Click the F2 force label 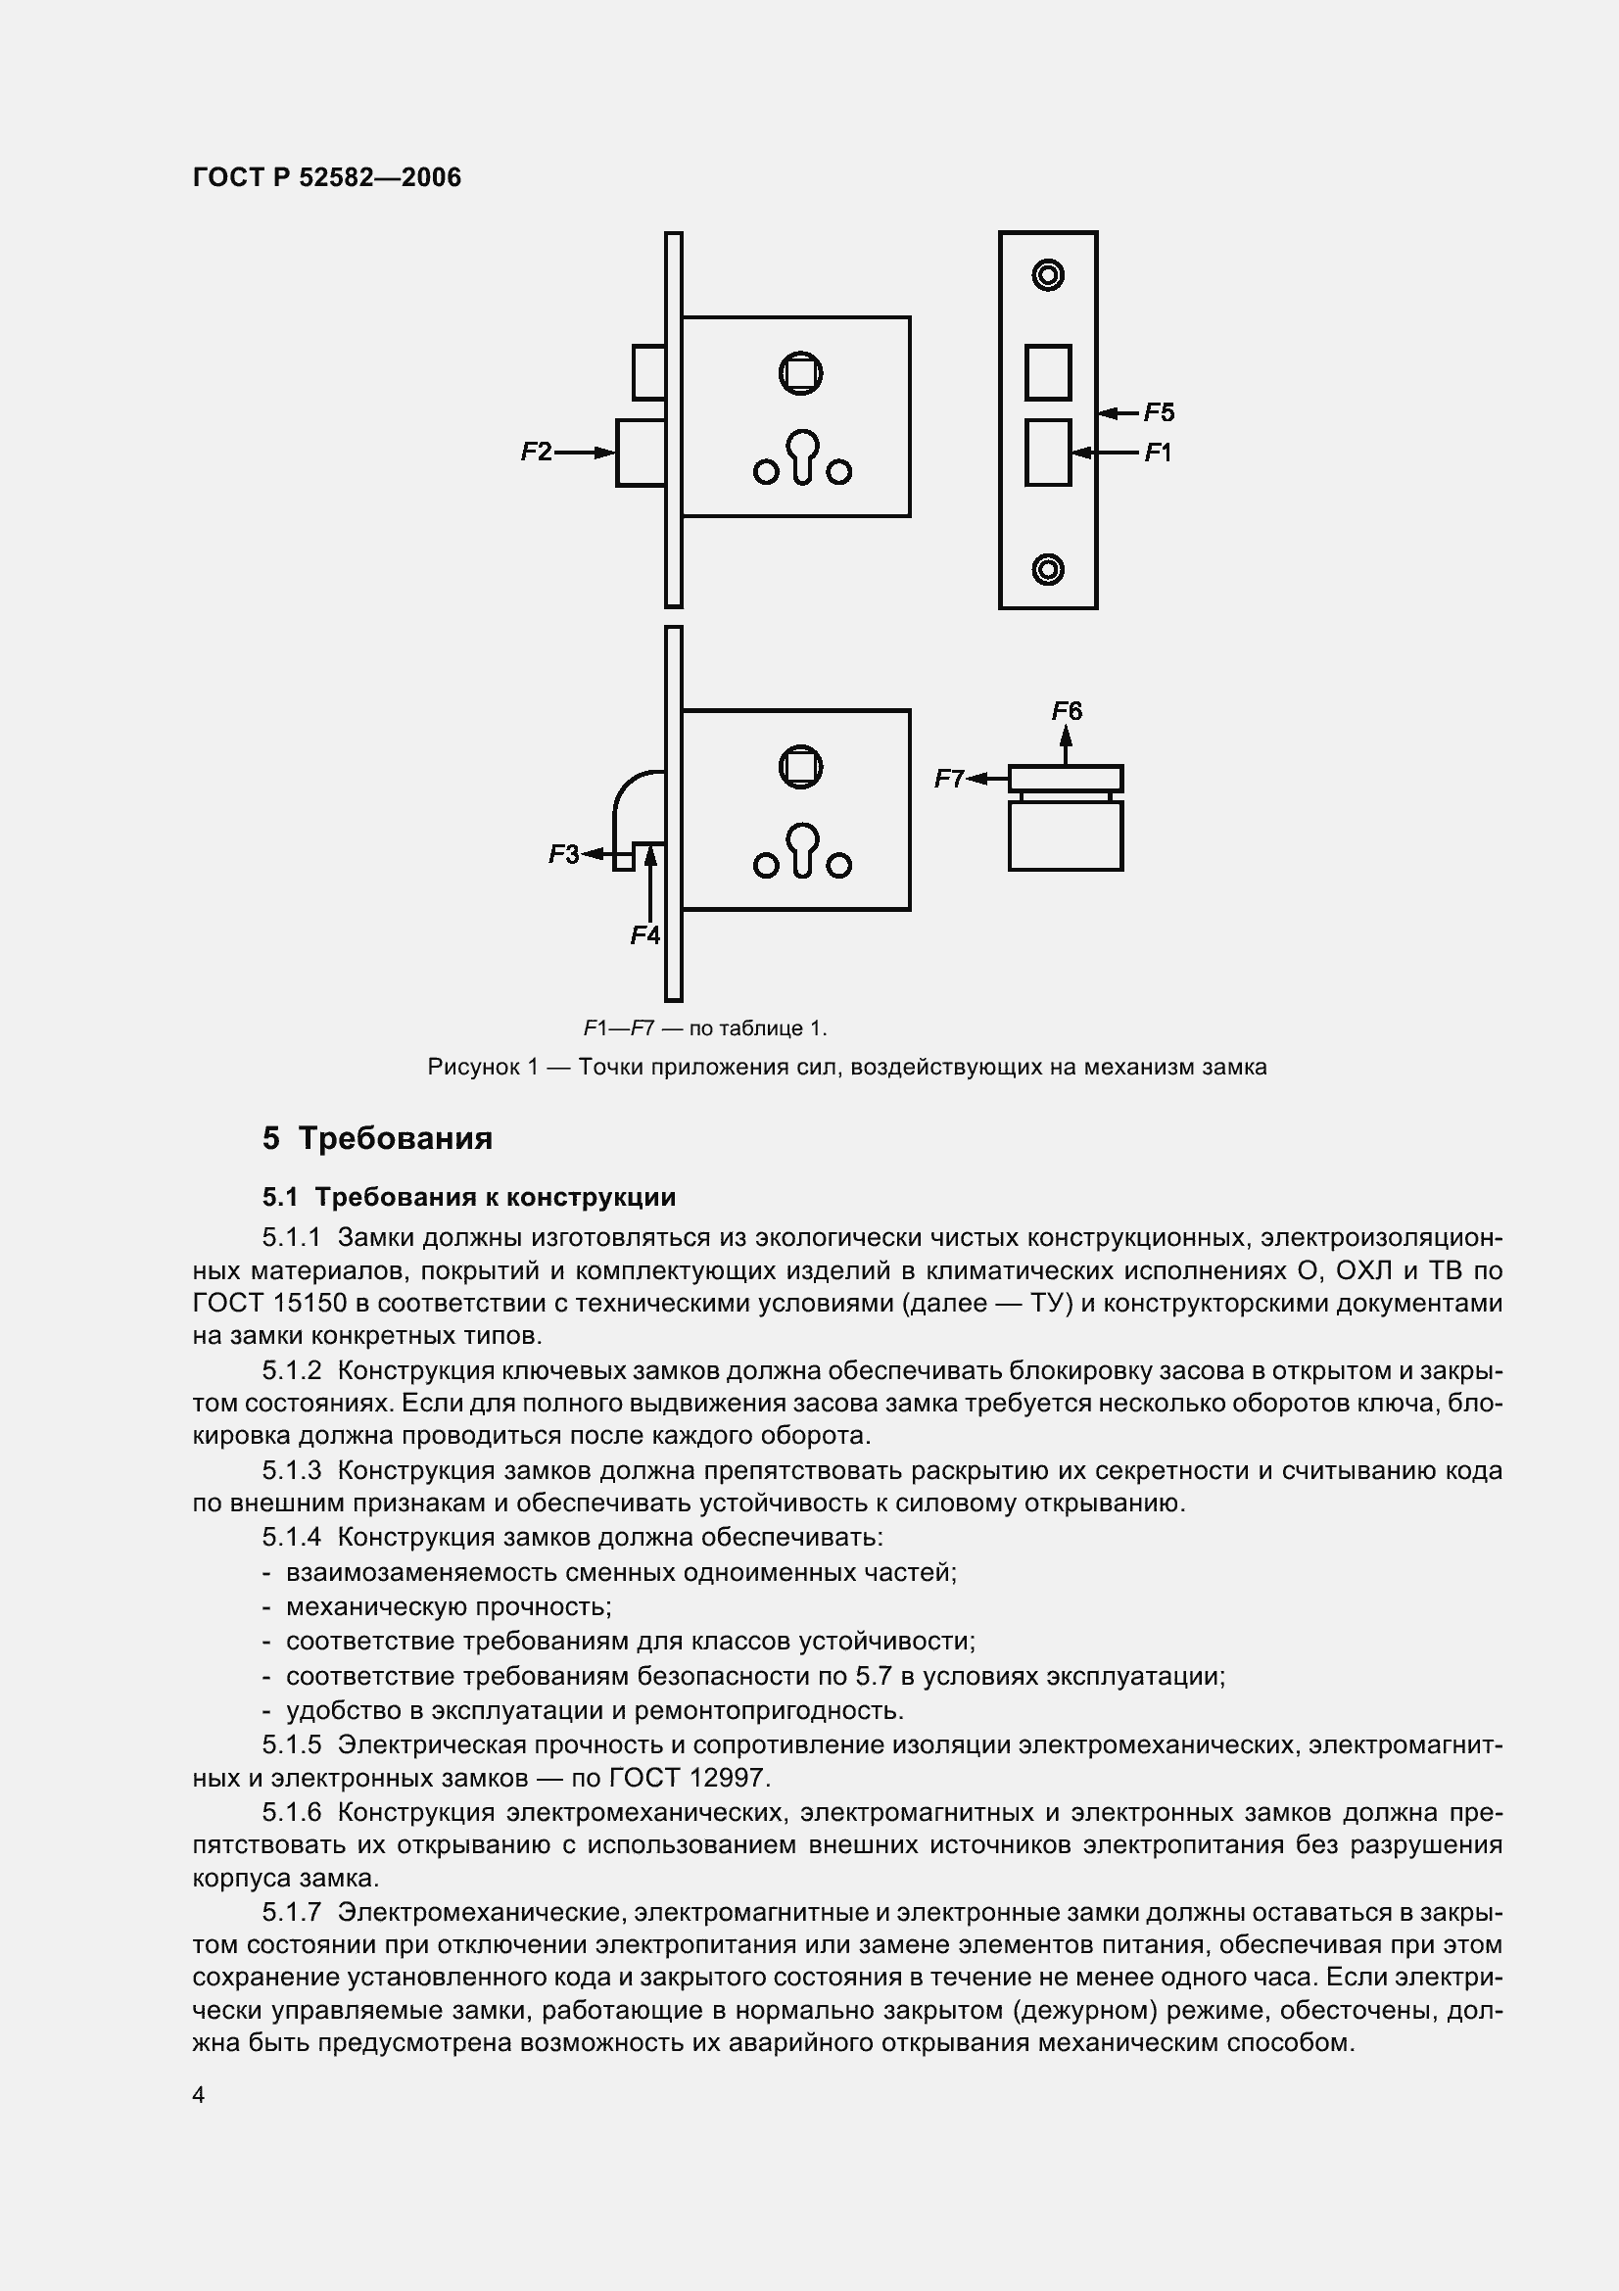click(x=536, y=452)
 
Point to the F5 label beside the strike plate click(x=1158, y=412)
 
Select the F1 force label click(x=1157, y=453)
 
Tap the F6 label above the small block click(x=1067, y=710)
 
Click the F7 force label click(x=949, y=779)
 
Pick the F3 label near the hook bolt click(x=563, y=854)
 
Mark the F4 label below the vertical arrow click(x=645, y=935)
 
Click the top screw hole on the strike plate click(x=1047, y=274)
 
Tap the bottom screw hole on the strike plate click(x=1047, y=569)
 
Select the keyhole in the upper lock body click(x=802, y=455)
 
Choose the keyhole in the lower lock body click(x=802, y=849)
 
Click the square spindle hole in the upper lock click(x=800, y=374)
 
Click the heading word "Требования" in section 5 click(x=395, y=1138)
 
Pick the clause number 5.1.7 click(x=291, y=1912)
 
